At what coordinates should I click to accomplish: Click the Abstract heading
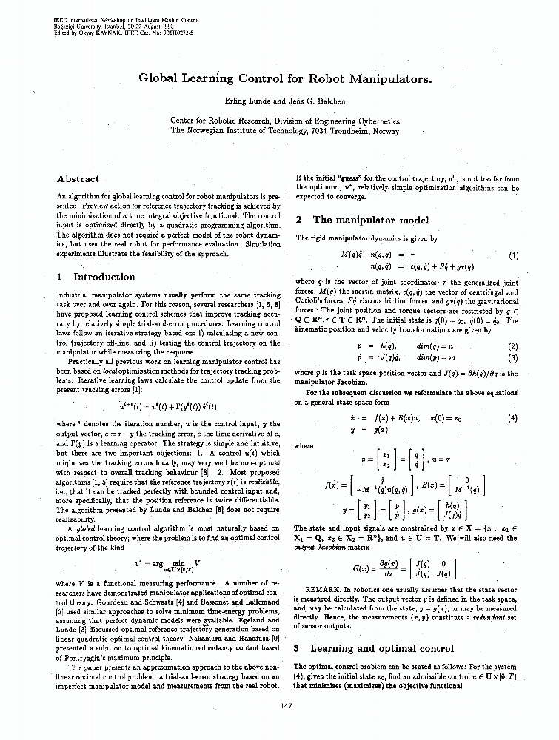78,179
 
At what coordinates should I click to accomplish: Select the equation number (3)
512,357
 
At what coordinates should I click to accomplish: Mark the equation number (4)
512,418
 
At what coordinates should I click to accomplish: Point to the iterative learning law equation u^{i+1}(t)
167,406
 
